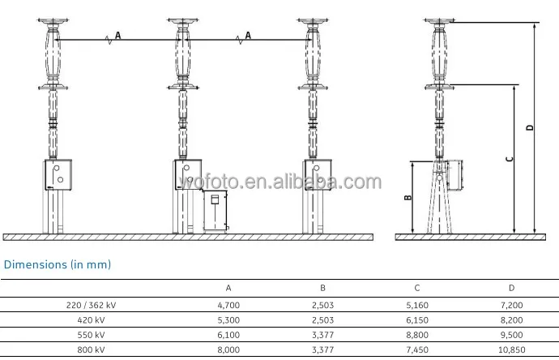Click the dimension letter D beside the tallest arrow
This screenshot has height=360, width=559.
pyautogui.click(x=530, y=127)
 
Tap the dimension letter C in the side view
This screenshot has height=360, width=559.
pyautogui.click(x=510, y=159)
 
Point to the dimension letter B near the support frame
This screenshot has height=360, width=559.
pyautogui.click(x=408, y=197)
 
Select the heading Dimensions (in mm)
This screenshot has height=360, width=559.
pyautogui.click(x=58, y=265)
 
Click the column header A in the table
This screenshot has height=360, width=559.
pyautogui.click(x=228, y=288)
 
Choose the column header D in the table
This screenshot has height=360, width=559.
pyautogui.click(x=511, y=288)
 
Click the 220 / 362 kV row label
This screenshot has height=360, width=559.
pyautogui.click(x=92, y=306)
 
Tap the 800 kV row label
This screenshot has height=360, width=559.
pyautogui.click(x=92, y=349)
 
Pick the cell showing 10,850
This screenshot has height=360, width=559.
pyautogui.click(x=511, y=349)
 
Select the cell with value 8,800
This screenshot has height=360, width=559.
pyautogui.click(x=417, y=335)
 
